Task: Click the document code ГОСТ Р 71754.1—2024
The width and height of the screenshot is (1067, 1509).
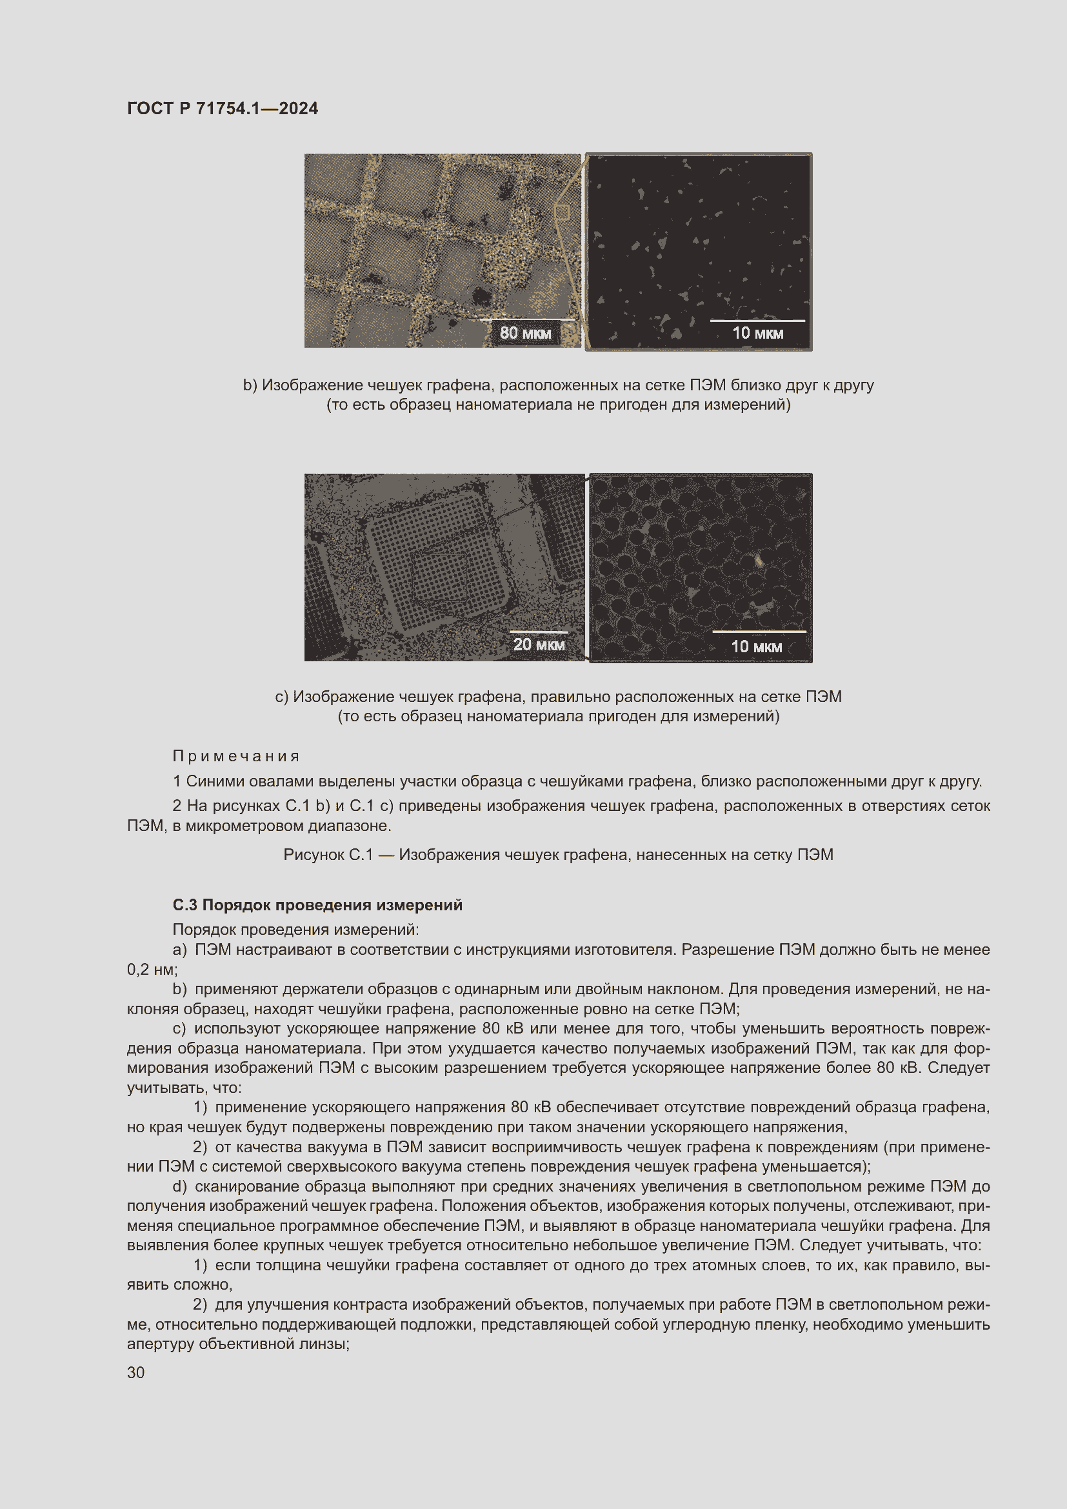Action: pos(222,108)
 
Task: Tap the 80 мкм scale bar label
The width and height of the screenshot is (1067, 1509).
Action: pos(525,332)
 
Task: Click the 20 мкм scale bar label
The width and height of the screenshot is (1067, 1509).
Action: pos(539,644)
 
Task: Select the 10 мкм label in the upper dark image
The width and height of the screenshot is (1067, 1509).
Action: pos(757,333)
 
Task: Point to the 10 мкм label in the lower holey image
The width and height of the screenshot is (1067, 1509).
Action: pos(756,646)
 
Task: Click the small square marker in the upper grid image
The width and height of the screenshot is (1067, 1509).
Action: pos(562,212)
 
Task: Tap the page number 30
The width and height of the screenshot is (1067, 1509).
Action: pos(135,1372)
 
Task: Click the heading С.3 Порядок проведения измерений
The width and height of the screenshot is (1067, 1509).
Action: pos(317,905)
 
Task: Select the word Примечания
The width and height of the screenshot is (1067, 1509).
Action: pos(236,756)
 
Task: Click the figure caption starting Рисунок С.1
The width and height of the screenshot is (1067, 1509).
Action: pos(558,854)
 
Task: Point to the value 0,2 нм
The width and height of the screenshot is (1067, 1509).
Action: pos(150,969)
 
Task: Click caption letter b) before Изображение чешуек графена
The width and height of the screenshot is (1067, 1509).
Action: pos(250,385)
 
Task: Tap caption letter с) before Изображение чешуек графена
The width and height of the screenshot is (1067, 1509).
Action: pos(281,697)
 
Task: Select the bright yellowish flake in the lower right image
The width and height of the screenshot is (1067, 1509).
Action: pos(758,560)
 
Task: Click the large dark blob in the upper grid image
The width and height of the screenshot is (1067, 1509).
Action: pos(482,295)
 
